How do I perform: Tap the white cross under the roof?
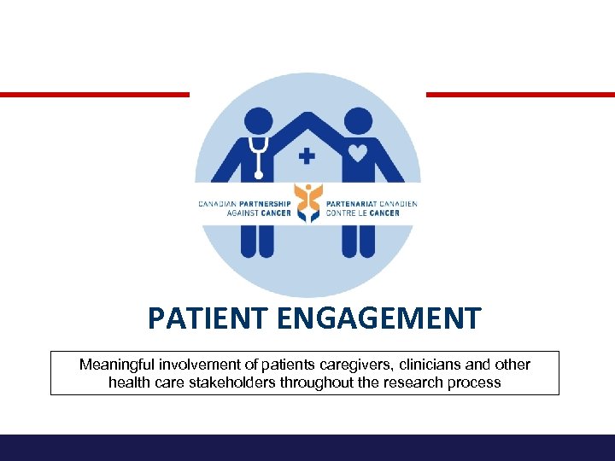307,156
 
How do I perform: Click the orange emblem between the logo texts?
307,204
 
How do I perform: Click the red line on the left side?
94,94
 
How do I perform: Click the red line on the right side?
520,94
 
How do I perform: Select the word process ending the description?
476,382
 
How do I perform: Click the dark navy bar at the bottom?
307,447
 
